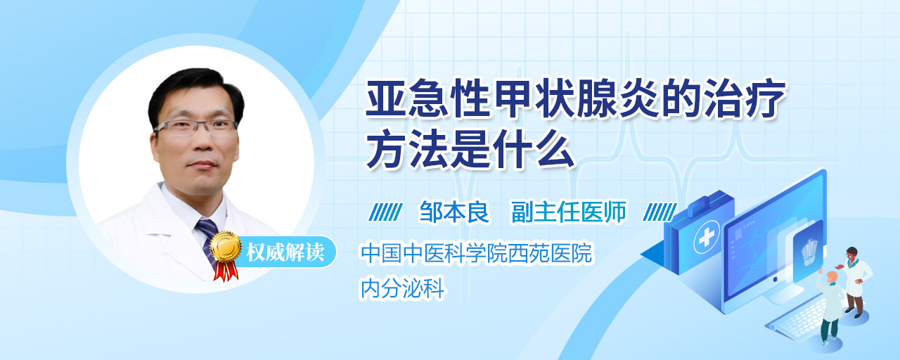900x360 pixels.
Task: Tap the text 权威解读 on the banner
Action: point(285,252)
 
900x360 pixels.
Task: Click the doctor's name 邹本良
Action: point(454,212)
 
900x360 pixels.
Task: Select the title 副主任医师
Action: point(569,212)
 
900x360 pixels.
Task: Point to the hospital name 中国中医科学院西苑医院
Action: point(476,253)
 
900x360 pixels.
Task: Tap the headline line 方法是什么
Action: point(471,149)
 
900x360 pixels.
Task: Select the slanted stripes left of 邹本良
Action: point(385,212)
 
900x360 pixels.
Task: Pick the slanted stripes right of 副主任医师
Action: point(660,212)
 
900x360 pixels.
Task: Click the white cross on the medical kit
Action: point(706,237)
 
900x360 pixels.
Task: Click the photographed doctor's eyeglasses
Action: point(195,127)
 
